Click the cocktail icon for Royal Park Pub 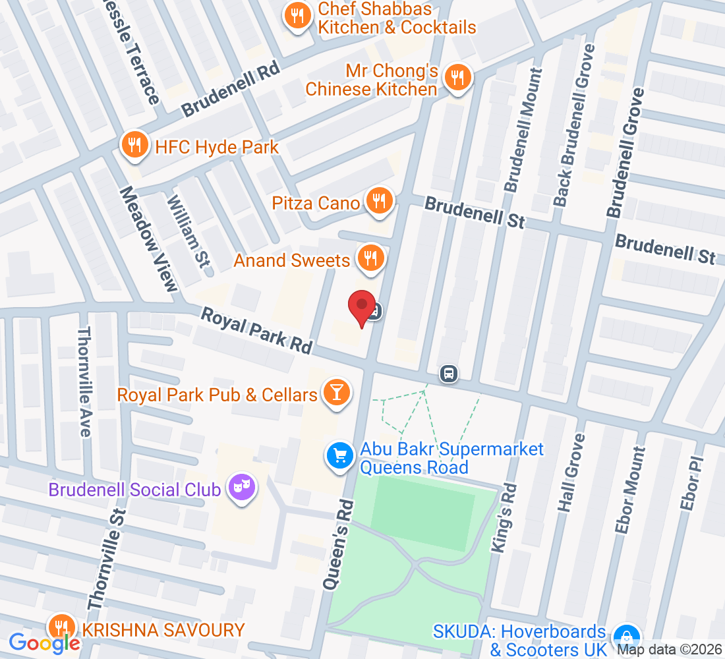[337, 394]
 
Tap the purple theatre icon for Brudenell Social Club [242, 488]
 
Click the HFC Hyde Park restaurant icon [135, 146]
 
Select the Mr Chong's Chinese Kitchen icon [456, 78]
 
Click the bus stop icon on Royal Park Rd [449, 374]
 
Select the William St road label [188, 231]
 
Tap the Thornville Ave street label [84, 382]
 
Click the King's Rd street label [504, 517]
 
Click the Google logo [44, 643]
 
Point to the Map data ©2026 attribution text [669, 650]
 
